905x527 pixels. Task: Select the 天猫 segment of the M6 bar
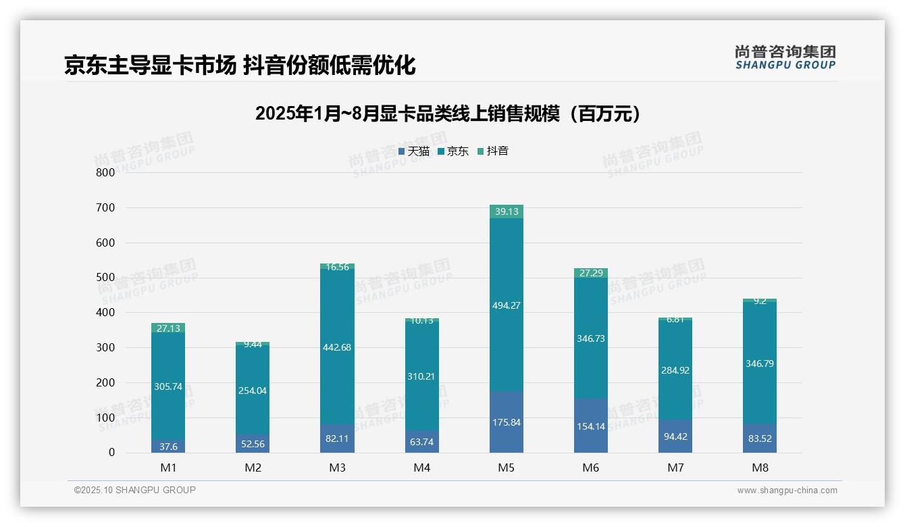[x=590, y=426]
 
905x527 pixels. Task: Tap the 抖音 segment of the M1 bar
[x=167, y=328]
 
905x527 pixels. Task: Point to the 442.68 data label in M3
[x=337, y=347]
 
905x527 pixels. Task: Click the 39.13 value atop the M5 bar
[x=506, y=211]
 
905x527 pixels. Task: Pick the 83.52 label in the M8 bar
[x=760, y=438]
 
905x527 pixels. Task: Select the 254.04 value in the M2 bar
[x=252, y=391]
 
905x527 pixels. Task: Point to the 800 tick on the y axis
[x=105, y=172]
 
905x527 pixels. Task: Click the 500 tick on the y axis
[x=105, y=278]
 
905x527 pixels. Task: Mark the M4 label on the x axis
[x=421, y=468]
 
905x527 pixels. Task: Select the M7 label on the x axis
[x=675, y=468]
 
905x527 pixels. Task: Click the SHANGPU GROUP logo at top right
[x=785, y=57]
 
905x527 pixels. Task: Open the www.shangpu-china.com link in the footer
[x=787, y=491]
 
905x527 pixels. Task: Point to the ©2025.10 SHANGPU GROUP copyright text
[x=135, y=491]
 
